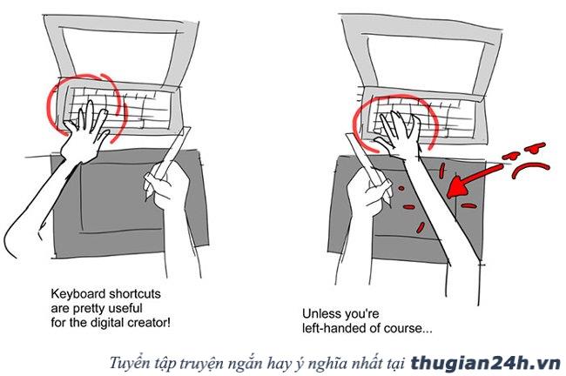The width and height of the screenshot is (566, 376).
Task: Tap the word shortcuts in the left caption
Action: [x=135, y=293]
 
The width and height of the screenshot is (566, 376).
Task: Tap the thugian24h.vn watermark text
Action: [x=485, y=363]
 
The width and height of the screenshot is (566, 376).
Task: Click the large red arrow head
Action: [x=456, y=186]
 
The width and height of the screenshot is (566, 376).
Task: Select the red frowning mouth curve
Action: [x=530, y=169]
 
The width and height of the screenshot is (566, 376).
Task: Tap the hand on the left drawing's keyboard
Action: [x=84, y=131]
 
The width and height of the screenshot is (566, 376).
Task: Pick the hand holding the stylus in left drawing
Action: [x=166, y=188]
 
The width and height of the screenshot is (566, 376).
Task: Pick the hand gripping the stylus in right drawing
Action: [x=369, y=195]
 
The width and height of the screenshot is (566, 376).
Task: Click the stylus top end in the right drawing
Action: [x=349, y=135]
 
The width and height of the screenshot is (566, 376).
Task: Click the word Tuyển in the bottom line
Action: [x=128, y=363]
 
